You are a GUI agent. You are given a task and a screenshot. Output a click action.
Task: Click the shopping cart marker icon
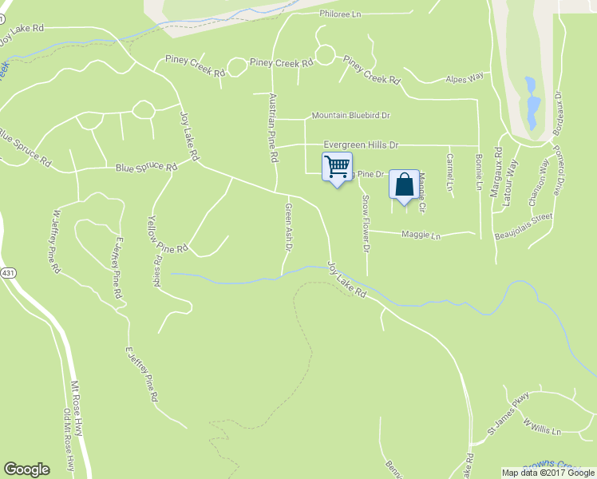[x=337, y=167]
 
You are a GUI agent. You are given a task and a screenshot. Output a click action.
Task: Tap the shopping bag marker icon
[x=404, y=185]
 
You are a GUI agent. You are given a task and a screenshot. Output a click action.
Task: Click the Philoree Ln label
[x=341, y=14]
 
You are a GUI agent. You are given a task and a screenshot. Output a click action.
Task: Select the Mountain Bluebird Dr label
[x=350, y=116]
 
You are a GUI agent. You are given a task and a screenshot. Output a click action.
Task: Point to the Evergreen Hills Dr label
[x=360, y=144]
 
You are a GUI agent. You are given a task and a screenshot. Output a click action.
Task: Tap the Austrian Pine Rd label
[x=273, y=129]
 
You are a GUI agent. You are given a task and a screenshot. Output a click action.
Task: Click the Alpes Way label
[x=465, y=78]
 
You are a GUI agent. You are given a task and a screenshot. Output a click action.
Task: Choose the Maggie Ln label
[x=421, y=236]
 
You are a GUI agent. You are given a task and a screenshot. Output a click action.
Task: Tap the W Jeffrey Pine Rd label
[x=56, y=242]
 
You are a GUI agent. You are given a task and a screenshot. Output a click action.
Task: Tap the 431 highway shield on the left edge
[x=8, y=273]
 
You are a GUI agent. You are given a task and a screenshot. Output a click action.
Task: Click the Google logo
[x=26, y=469]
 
